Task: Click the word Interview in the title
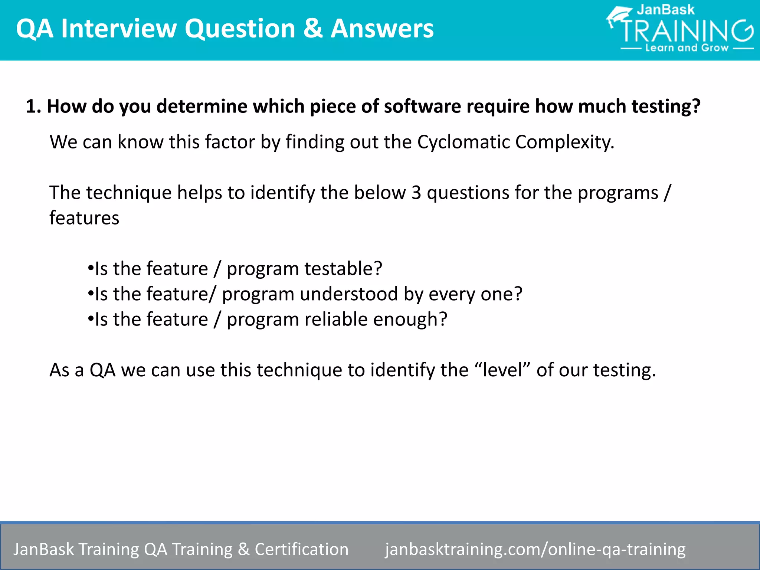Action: (119, 29)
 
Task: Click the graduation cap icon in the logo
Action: (619, 16)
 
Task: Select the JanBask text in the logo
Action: (665, 10)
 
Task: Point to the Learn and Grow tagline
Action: (687, 48)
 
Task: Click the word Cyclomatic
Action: (463, 142)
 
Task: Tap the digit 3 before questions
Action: (416, 193)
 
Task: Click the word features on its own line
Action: (84, 218)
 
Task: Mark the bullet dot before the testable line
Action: (90, 268)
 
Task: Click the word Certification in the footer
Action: (301, 549)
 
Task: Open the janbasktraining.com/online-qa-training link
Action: (535, 549)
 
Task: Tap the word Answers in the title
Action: (382, 29)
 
